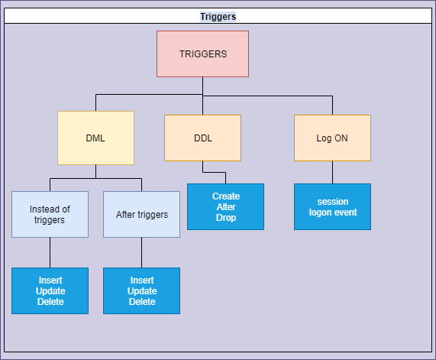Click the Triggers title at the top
(218, 16)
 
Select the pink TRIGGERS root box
(202, 54)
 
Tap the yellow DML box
(95, 138)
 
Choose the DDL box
(202, 138)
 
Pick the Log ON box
(332, 138)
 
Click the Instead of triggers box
(50, 214)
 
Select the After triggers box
(141, 214)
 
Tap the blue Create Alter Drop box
(225, 207)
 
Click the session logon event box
(332, 207)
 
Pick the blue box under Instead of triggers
(50, 290)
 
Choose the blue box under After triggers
(141, 290)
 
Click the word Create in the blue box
(225, 196)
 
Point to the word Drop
(225, 218)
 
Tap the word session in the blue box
(332, 202)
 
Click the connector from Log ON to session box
(332, 172)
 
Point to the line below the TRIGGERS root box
(202, 86)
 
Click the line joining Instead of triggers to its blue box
(50, 252)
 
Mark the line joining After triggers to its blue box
(141, 252)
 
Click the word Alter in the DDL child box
(225, 207)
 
